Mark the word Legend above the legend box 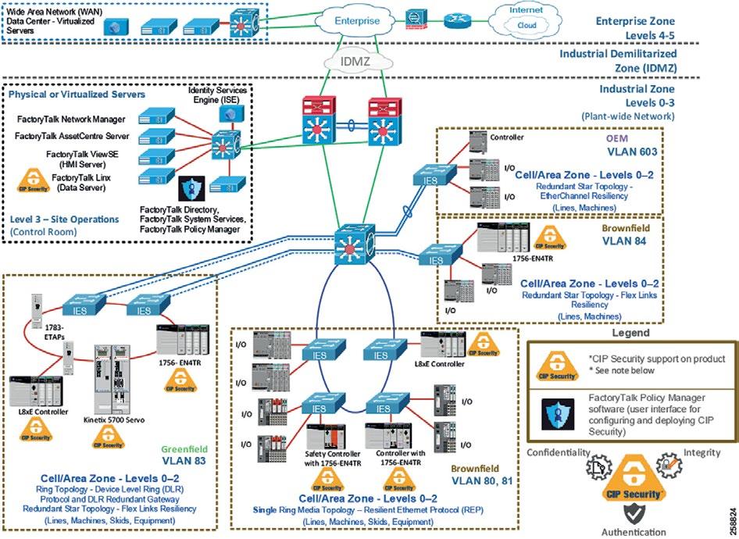click(x=630, y=332)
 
